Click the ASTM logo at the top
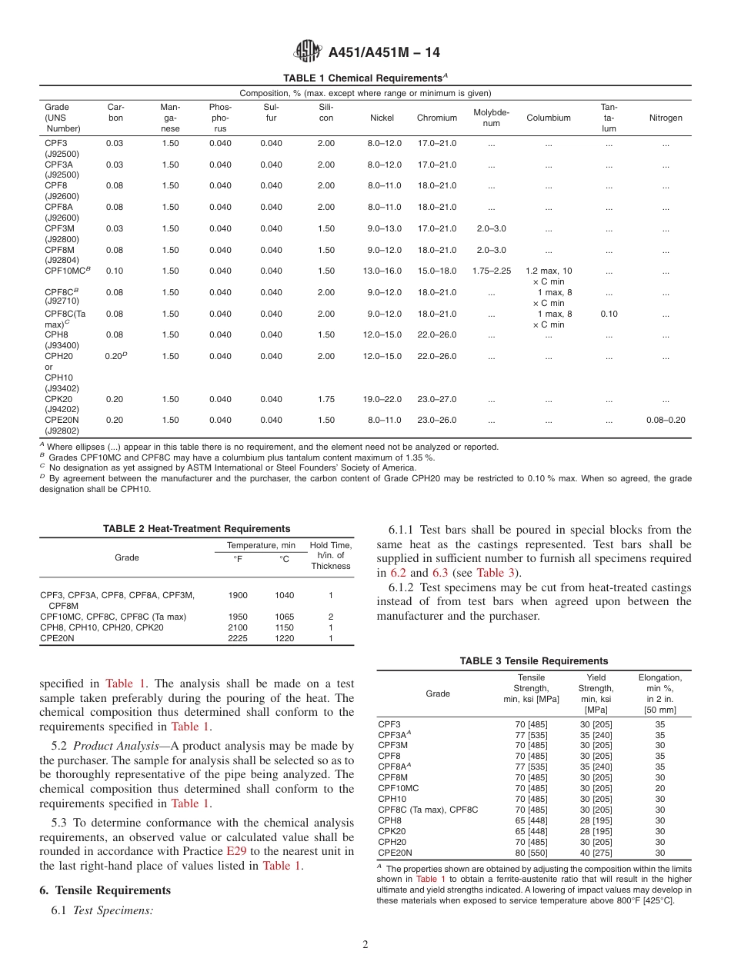pyautogui.click(x=308, y=52)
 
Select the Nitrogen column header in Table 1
pyautogui.click(x=665, y=118)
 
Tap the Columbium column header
pyautogui.click(x=548, y=118)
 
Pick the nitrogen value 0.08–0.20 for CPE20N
pyautogui.click(x=665, y=420)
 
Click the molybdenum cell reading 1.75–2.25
pyautogui.click(x=491, y=271)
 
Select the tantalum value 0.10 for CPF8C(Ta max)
pyautogui.click(x=609, y=314)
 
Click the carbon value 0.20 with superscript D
pyautogui.click(x=115, y=356)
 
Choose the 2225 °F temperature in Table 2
pyautogui.click(x=238, y=638)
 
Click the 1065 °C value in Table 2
pyautogui.click(x=284, y=617)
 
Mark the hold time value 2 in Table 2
pyautogui.click(x=330, y=617)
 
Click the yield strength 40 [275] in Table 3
pyautogui.click(x=596, y=853)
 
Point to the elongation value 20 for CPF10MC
pyautogui.click(x=659, y=788)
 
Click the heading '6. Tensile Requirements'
pyautogui.click(x=105, y=890)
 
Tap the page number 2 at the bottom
pyautogui.click(x=365, y=945)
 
